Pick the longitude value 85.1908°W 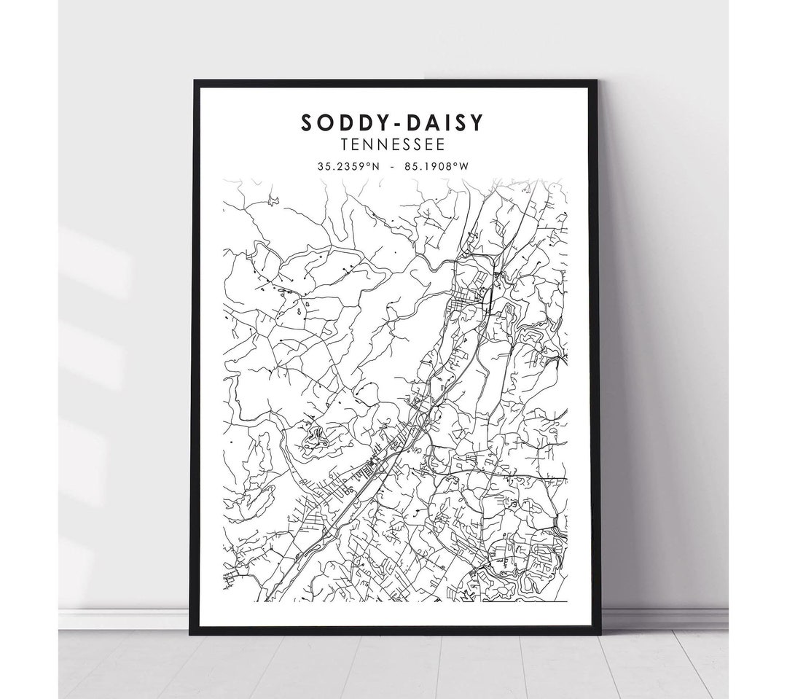click(436, 166)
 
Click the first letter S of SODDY click(307, 123)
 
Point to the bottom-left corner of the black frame click(191, 633)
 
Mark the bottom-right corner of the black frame click(600, 633)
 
